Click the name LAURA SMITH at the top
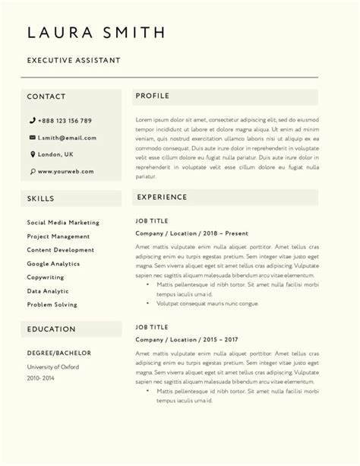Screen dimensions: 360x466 click(96, 32)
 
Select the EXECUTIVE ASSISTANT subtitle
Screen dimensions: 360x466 click(74, 60)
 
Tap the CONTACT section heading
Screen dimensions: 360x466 click(46, 97)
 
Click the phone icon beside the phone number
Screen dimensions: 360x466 click(33, 121)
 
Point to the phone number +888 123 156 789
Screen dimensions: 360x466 click(65, 121)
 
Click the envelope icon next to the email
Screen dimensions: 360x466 click(33, 138)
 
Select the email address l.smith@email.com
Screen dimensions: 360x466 click(67, 138)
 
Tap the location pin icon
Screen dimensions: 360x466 click(33, 154)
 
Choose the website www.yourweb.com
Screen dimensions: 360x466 click(65, 172)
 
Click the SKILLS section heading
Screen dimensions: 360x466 click(40, 198)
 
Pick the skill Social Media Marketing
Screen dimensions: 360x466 click(63, 223)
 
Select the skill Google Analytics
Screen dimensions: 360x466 click(53, 264)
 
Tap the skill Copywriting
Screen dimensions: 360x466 click(46, 277)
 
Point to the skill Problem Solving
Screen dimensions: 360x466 click(52, 305)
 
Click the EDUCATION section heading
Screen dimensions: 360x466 click(52, 329)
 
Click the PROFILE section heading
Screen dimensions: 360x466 click(153, 96)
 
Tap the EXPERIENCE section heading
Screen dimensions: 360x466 click(162, 197)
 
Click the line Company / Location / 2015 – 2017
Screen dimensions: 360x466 click(187, 339)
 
